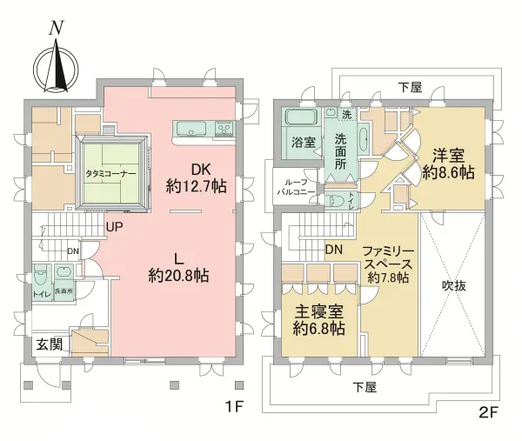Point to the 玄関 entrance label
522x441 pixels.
[50, 344]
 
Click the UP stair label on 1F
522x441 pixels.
[114, 228]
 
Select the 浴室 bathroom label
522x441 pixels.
[303, 143]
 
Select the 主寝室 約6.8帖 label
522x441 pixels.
[317, 320]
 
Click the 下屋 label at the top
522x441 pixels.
[409, 87]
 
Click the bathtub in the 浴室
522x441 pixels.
[302, 119]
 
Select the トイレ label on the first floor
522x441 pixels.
[41, 293]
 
